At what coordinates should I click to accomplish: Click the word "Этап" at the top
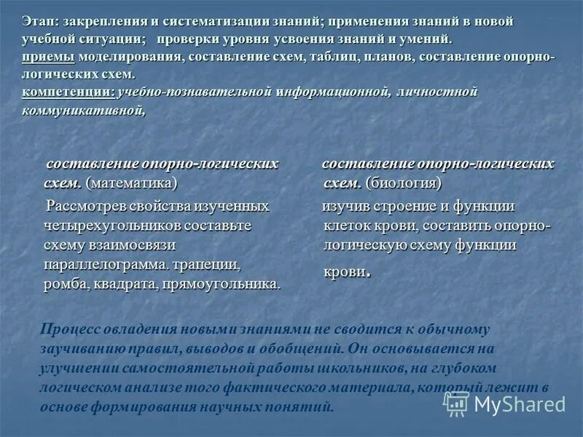tap(36, 21)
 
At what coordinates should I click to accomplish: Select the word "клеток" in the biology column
tap(344, 226)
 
